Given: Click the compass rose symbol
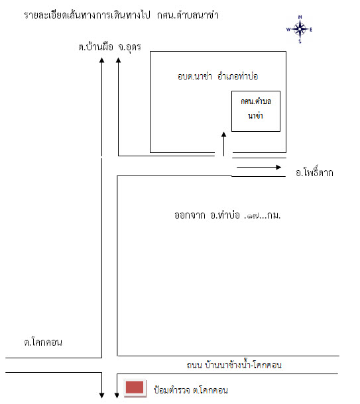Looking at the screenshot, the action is tap(300, 29).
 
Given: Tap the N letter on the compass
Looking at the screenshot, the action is tap(300, 17).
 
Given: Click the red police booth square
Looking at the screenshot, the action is tap(135, 387).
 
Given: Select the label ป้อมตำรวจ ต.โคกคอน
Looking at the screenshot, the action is tap(191, 390).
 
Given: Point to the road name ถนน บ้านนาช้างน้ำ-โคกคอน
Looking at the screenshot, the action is tap(234, 365).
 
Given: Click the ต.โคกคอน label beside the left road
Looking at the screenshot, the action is tap(43, 342).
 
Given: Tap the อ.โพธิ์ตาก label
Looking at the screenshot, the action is tap(314, 172).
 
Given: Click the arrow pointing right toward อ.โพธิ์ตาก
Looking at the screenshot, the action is tap(259, 167).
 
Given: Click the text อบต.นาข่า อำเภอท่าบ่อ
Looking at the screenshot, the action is tap(217, 77).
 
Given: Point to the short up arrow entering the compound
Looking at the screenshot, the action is tap(223, 144).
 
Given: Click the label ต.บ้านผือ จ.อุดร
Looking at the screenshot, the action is tap(110, 47).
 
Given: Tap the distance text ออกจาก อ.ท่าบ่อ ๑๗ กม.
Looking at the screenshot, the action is tap(227, 215).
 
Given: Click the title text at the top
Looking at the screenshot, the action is tap(121, 15).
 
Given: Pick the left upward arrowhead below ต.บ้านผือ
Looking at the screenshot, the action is tap(102, 60).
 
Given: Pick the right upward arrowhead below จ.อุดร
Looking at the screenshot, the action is tap(119, 60).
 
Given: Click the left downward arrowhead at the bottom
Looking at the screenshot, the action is tap(102, 395).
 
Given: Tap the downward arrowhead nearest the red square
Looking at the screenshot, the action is tap(117, 395).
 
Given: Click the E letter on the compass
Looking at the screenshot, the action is tap(311, 30).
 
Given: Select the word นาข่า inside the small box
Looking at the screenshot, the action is tap(255, 116).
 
